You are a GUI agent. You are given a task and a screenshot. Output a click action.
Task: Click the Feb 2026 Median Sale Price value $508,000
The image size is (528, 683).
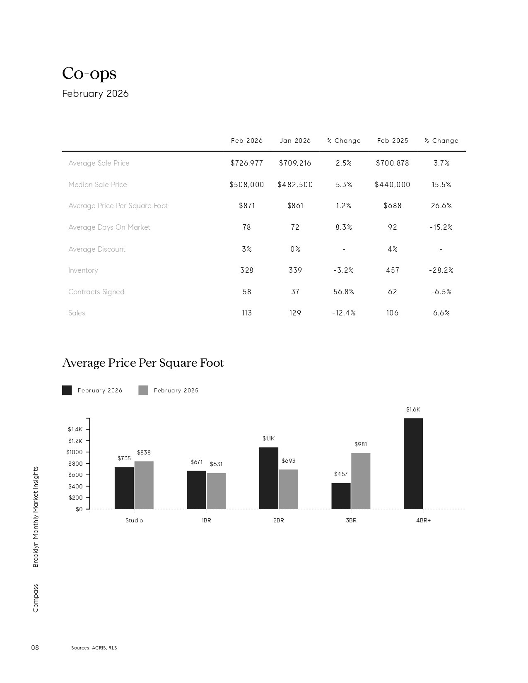pos(246,185)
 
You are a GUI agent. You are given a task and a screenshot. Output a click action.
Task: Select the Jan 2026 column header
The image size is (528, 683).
pos(295,141)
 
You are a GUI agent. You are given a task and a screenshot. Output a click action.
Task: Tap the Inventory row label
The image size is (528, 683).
pos(83,270)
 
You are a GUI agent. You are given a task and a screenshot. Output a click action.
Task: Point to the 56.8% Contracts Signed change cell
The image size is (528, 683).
pos(344,292)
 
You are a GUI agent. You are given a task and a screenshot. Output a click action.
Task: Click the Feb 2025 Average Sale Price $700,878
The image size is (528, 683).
pos(392,163)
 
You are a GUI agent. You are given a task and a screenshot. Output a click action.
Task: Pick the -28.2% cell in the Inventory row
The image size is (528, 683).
pos(441,270)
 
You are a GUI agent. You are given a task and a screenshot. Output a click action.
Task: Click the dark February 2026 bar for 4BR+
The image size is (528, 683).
pos(413,464)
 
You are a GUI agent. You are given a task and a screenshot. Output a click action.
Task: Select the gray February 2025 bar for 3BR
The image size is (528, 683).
pos(361,481)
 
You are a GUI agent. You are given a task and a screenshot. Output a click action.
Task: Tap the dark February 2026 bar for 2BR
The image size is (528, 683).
pos(268,478)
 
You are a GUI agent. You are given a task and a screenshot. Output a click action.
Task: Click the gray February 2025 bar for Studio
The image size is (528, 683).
pos(144,485)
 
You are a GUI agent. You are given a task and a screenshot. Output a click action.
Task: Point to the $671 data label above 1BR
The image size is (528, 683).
pos(196,462)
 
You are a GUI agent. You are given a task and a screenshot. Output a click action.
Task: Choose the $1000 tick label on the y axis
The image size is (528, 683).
pos(75,452)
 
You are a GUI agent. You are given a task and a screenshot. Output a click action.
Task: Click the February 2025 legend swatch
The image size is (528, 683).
pos(143,390)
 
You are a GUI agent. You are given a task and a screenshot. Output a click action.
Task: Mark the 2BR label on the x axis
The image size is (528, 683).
pos(279,520)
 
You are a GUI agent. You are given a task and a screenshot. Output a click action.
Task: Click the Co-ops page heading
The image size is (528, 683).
pos(89,73)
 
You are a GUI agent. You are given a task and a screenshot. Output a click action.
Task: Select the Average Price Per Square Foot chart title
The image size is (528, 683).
pos(143,363)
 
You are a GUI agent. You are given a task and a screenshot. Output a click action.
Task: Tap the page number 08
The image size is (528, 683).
pos(35,647)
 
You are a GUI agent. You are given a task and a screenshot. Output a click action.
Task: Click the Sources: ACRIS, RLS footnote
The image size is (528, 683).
pos(94,648)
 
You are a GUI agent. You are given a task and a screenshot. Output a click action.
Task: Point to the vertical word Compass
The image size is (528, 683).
pos(36,598)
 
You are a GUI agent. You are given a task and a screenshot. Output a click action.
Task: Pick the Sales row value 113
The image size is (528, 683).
pos(246,313)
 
